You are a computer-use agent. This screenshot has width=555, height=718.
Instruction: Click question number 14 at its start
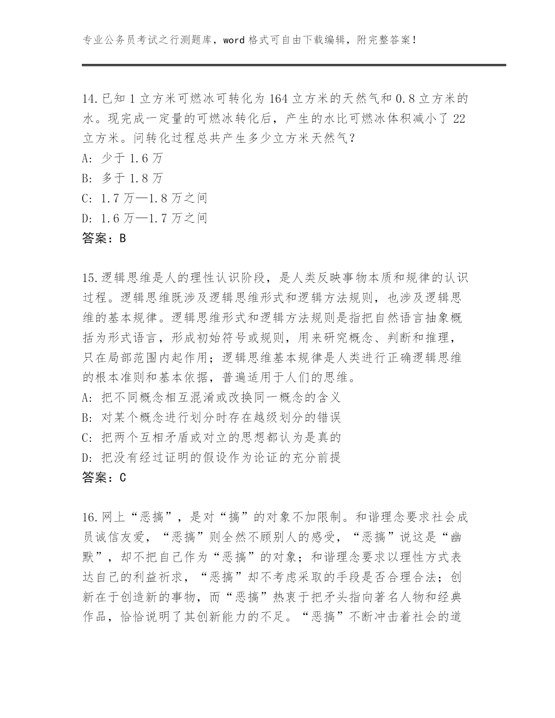91,99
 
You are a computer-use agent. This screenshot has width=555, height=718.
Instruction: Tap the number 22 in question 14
459,119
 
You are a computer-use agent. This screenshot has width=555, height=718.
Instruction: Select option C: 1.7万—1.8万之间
145,198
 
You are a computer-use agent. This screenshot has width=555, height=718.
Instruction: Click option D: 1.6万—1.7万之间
145,218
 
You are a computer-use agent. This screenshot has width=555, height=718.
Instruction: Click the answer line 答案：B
104,238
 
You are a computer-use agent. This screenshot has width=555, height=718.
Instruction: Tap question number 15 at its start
91,278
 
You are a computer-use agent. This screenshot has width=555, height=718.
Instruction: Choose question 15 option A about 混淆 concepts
211,397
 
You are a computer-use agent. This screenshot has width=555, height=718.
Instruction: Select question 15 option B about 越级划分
211,417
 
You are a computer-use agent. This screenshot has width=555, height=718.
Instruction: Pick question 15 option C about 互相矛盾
211,437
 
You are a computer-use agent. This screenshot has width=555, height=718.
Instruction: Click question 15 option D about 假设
211,457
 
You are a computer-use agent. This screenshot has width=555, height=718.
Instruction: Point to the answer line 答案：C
104,478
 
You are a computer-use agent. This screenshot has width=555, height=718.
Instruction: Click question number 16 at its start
91,517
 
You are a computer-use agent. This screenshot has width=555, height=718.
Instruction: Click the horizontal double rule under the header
294,66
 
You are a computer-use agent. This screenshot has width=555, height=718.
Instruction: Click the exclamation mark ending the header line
413,40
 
